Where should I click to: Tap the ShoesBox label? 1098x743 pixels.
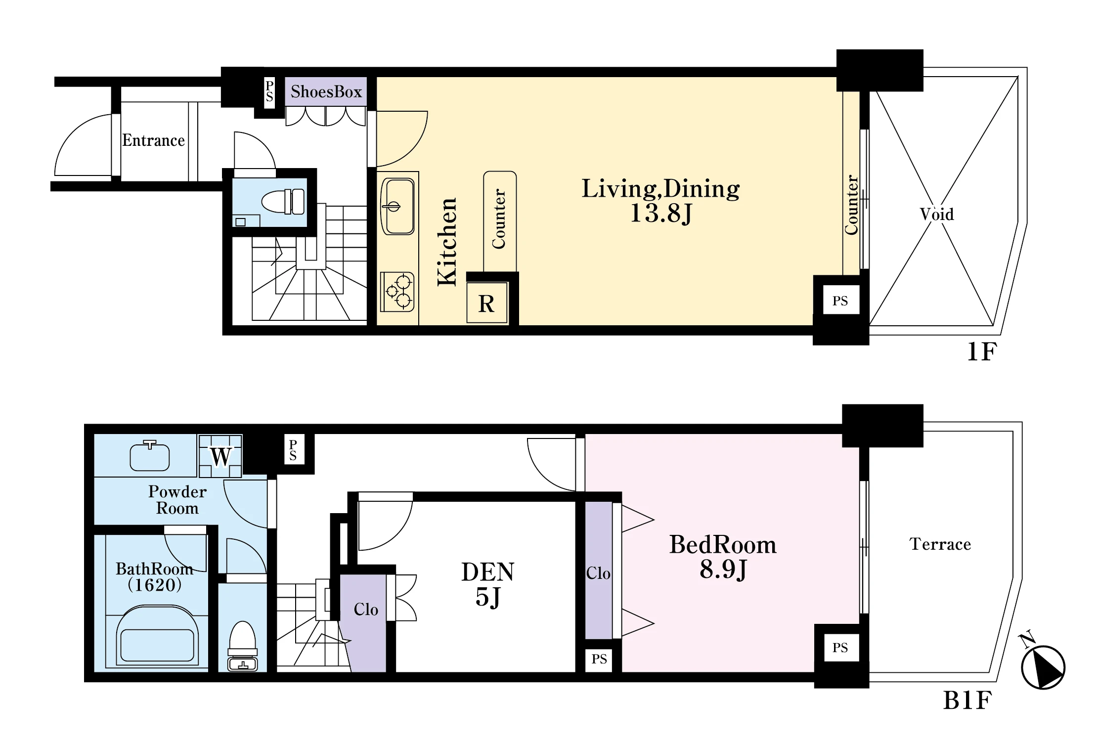pyautogui.click(x=326, y=91)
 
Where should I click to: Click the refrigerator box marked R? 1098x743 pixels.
pyautogui.click(x=487, y=303)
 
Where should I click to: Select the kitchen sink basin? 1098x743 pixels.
pyautogui.click(x=397, y=207)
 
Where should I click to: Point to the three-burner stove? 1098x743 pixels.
pyautogui.click(x=397, y=291)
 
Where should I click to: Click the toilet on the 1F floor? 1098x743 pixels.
pyautogui.click(x=283, y=202)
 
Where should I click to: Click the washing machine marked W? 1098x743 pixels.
pyautogui.click(x=220, y=456)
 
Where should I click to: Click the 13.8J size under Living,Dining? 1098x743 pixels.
pyautogui.click(x=661, y=213)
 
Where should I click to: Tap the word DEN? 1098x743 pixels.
pyautogui.click(x=488, y=572)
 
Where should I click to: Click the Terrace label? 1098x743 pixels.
pyautogui.click(x=940, y=544)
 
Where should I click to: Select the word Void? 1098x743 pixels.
pyautogui.click(x=937, y=214)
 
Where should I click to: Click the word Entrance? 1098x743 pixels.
pyautogui.click(x=154, y=140)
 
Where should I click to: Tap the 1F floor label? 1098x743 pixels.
pyautogui.click(x=982, y=352)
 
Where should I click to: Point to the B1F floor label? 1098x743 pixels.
pyautogui.click(x=967, y=700)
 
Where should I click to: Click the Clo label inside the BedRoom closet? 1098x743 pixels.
pyautogui.click(x=598, y=573)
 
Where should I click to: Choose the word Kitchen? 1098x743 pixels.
pyautogui.click(x=447, y=242)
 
